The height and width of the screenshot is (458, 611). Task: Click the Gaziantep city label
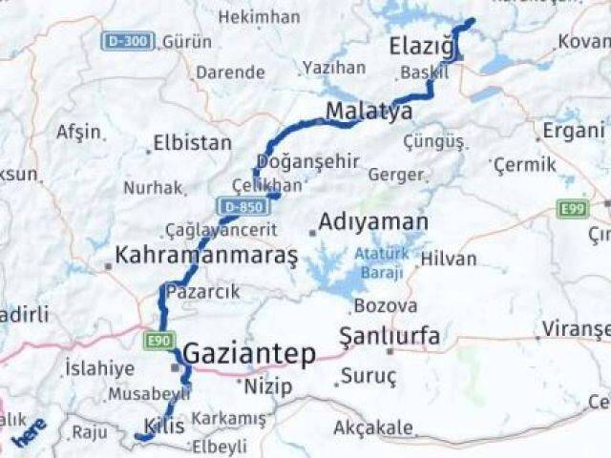pos(248,354)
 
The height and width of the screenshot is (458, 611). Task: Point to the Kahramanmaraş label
pos(206,255)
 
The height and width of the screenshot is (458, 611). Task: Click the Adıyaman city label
pos(372,222)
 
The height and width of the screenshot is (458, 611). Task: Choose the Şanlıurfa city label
pos(390,336)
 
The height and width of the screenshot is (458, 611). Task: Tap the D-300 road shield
pos(126,41)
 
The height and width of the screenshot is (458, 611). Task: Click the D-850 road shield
pos(239,205)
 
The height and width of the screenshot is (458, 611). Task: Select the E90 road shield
pos(158,339)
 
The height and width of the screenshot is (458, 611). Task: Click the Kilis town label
pos(164,425)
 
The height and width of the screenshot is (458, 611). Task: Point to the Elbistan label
pos(193,143)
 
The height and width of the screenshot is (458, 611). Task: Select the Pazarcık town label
pos(202,291)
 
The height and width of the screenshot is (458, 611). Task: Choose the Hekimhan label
pos(258,17)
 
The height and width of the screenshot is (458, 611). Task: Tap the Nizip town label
pos(268,386)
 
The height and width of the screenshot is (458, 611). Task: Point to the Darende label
pos(230,73)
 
